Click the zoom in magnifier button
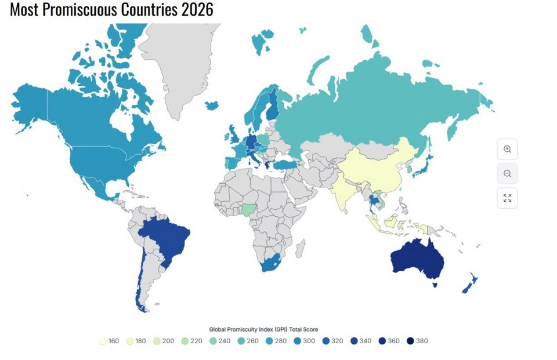pos(507,149)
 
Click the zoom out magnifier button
pos(507,173)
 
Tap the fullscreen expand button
pos(507,198)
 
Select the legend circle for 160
pos(103,341)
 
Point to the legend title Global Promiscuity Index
pos(263,329)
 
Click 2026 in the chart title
pos(196,10)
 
